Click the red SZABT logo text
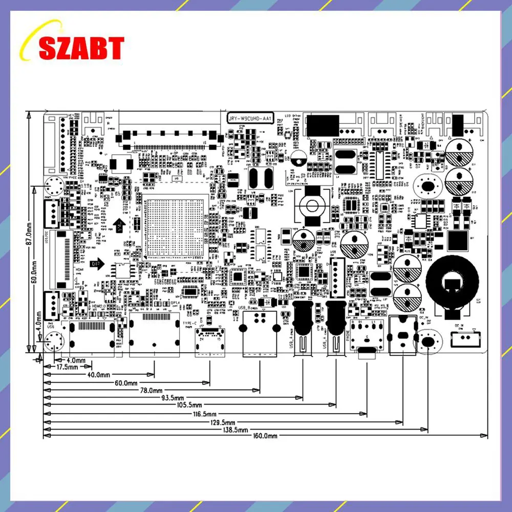[x=81, y=48]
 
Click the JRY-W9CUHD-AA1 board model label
[x=249, y=118]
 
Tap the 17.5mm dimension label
[x=67, y=367]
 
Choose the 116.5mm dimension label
[x=204, y=414]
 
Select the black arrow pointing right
[x=97, y=264]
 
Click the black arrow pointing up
[x=119, y=225]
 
